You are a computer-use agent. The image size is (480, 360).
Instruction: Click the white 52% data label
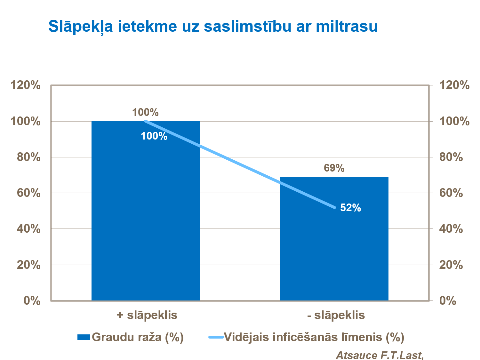pyautogui.click(x=350, y=208)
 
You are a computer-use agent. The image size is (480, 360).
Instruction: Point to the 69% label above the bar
pyautogui.click(x=334, y=168)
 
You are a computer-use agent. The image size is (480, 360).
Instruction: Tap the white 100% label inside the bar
pyautogui.click(x=154, y=136)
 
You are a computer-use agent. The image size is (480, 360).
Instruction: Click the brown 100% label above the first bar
pyautogui.click(x=145, y=112)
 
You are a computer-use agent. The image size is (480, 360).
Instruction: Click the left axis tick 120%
pyautogui.click(x=25, y=85)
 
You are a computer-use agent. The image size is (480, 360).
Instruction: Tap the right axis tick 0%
pyautogui.click(x=448, y=301)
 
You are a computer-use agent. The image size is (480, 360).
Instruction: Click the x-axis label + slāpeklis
pyautogui.click(x=147, y=315)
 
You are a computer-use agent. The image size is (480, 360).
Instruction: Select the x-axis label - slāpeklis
pyautogui.click(x=336, y=315)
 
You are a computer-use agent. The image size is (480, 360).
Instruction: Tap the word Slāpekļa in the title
pyautogui.click(x=81, y=26)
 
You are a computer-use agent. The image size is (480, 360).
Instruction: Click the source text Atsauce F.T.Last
pyautogui.click(x=380, y=355)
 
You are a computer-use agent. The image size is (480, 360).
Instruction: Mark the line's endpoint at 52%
pyautogui.click(x=334, y=207)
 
